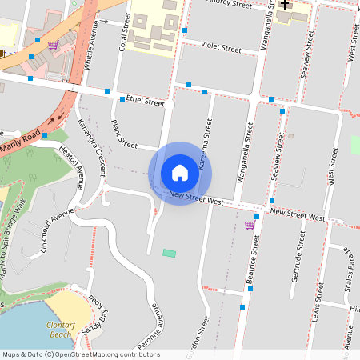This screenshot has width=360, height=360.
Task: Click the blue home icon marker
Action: (x=180, y=173)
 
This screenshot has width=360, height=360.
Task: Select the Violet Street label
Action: (x=222, y=49)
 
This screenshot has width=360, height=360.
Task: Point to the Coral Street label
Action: (x=125, y=33)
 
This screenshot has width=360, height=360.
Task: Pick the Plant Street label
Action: (x=125, y=134)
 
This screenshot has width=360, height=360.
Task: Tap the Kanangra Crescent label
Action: (x=92, y=145)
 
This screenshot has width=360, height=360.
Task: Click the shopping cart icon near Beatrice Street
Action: (x=250, y=224)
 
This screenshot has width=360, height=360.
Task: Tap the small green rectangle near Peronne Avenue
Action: (x=169, y=253)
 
